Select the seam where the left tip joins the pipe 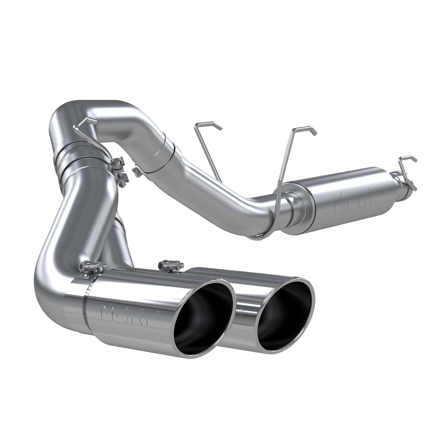tap(86, 305)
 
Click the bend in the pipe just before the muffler tap(260, 209)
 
